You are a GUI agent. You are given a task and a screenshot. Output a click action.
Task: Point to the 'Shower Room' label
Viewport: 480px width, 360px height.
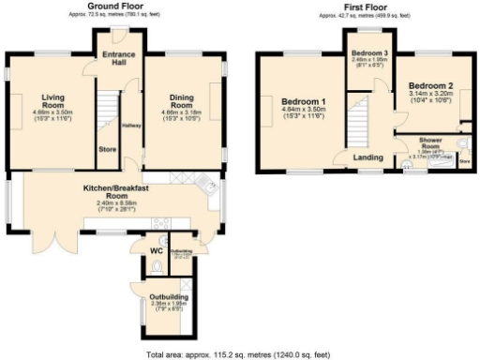pyautogui.click(x=436, y=145)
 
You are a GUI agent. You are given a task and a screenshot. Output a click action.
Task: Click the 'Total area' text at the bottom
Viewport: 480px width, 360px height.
pyautogui.click(x=238, y=354)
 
